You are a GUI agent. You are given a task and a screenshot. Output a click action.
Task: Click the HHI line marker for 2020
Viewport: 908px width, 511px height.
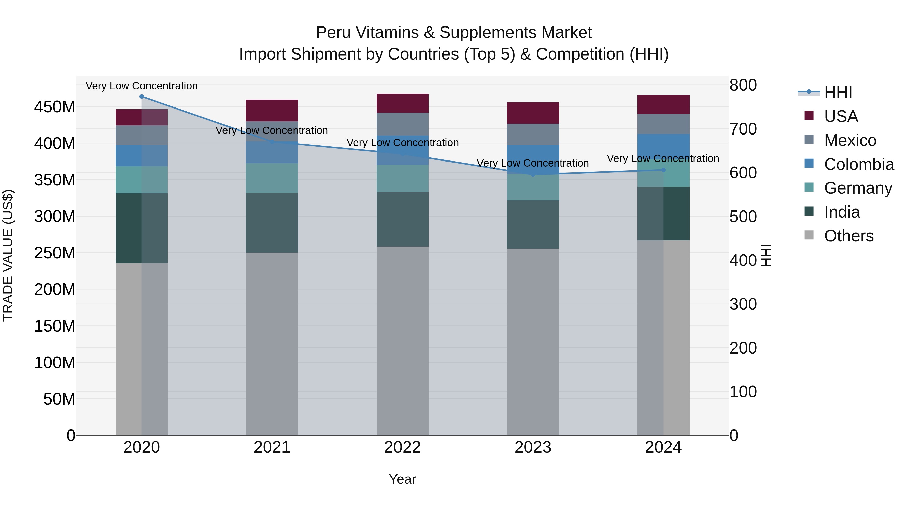coord(142,97)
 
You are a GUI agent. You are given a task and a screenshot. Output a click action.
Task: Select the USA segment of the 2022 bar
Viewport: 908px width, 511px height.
coord(402,103)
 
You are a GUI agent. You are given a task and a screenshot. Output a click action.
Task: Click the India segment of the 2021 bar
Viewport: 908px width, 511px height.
coord(272,223)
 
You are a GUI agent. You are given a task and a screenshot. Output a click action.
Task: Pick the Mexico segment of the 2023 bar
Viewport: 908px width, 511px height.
coord(533,134)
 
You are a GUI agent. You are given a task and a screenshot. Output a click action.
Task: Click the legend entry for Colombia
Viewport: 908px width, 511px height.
coord(858,164)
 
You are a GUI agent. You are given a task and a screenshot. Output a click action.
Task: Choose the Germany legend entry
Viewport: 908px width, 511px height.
coord(857,188)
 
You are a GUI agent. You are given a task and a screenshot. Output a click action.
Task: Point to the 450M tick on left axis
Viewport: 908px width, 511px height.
coord(55,107)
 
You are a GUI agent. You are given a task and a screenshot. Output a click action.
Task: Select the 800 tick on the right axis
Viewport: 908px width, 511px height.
coord(743,85)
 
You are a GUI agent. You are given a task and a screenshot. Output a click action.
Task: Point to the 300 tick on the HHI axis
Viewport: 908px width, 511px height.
coord(743,304)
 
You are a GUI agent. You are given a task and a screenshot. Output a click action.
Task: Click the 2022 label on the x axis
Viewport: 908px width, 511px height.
coord(402,447)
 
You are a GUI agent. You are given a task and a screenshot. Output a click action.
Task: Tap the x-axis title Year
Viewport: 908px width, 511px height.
coord(402,479)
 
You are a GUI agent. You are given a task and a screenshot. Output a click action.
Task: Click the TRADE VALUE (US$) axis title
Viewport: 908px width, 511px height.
coord(8,255)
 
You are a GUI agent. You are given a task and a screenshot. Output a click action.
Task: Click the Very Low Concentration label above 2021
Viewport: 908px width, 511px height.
coord(272,130)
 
